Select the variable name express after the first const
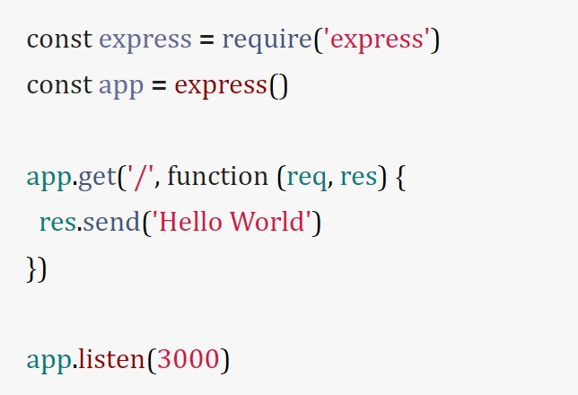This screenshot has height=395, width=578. pos(144,40)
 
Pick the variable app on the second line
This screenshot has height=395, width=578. pos(120,85)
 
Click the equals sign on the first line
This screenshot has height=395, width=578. pos(206,41)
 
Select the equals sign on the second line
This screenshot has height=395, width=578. pos(159,86)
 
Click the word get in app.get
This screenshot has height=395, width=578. pos(98,176)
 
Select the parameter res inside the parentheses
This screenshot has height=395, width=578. pos(358,177)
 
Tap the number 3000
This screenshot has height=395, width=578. pos(188,359)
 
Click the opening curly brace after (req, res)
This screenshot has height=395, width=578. pos(400,177)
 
